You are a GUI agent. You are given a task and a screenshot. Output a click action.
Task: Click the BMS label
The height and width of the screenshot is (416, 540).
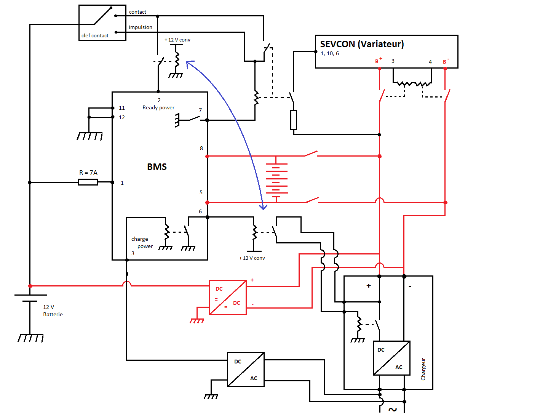coord(157,167)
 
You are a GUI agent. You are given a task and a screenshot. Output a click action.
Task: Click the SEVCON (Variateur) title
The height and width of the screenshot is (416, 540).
coord(362,44)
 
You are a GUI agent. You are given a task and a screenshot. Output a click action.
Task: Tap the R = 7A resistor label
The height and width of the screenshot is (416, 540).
coord(88,173)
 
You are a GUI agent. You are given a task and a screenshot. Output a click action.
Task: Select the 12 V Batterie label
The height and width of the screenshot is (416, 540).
coord(53,311)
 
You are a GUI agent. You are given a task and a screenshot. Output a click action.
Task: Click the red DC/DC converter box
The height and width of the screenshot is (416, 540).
coord(228,298)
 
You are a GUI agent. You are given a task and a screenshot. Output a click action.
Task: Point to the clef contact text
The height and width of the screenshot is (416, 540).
coord(95,36)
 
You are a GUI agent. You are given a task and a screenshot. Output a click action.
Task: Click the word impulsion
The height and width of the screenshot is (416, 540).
coord(140,27)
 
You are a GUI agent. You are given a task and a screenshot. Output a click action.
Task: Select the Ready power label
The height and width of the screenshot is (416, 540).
coord(158,108)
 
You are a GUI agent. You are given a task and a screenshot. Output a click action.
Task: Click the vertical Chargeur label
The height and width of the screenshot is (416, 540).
coord(423,369)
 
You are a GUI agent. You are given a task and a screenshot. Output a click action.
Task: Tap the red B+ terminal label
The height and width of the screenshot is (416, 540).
coord(378,61)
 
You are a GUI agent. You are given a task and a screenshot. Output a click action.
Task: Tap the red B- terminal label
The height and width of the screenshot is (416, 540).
coord(446,61)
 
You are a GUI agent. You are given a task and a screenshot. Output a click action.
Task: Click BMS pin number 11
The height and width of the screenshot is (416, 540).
coord(122,108)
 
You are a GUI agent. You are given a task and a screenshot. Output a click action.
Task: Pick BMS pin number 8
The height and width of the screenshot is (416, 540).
coord(201,149)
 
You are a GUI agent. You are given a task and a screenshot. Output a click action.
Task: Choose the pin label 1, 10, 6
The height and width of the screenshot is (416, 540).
coord(329,54)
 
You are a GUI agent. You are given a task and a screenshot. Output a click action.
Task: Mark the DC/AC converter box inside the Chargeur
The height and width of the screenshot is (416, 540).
coord(391,358)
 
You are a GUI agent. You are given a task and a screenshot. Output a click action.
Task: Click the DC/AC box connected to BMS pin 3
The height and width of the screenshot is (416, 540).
coord(246,370)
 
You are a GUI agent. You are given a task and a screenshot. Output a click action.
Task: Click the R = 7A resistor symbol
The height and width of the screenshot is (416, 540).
coord(88,182)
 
